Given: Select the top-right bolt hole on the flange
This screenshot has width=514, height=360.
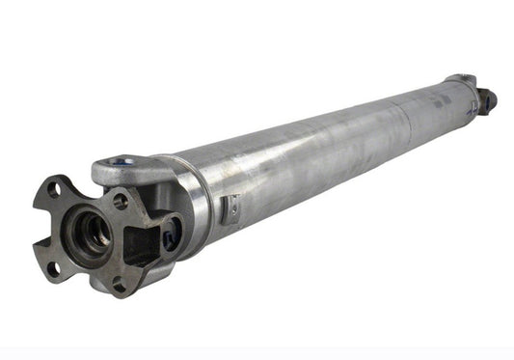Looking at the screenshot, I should [121, 202].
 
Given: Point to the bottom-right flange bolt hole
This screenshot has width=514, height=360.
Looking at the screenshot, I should [119, 284].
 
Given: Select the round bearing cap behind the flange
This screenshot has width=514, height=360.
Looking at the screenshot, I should [173, 235].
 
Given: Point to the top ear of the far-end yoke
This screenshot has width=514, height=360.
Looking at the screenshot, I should [461, 77].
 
